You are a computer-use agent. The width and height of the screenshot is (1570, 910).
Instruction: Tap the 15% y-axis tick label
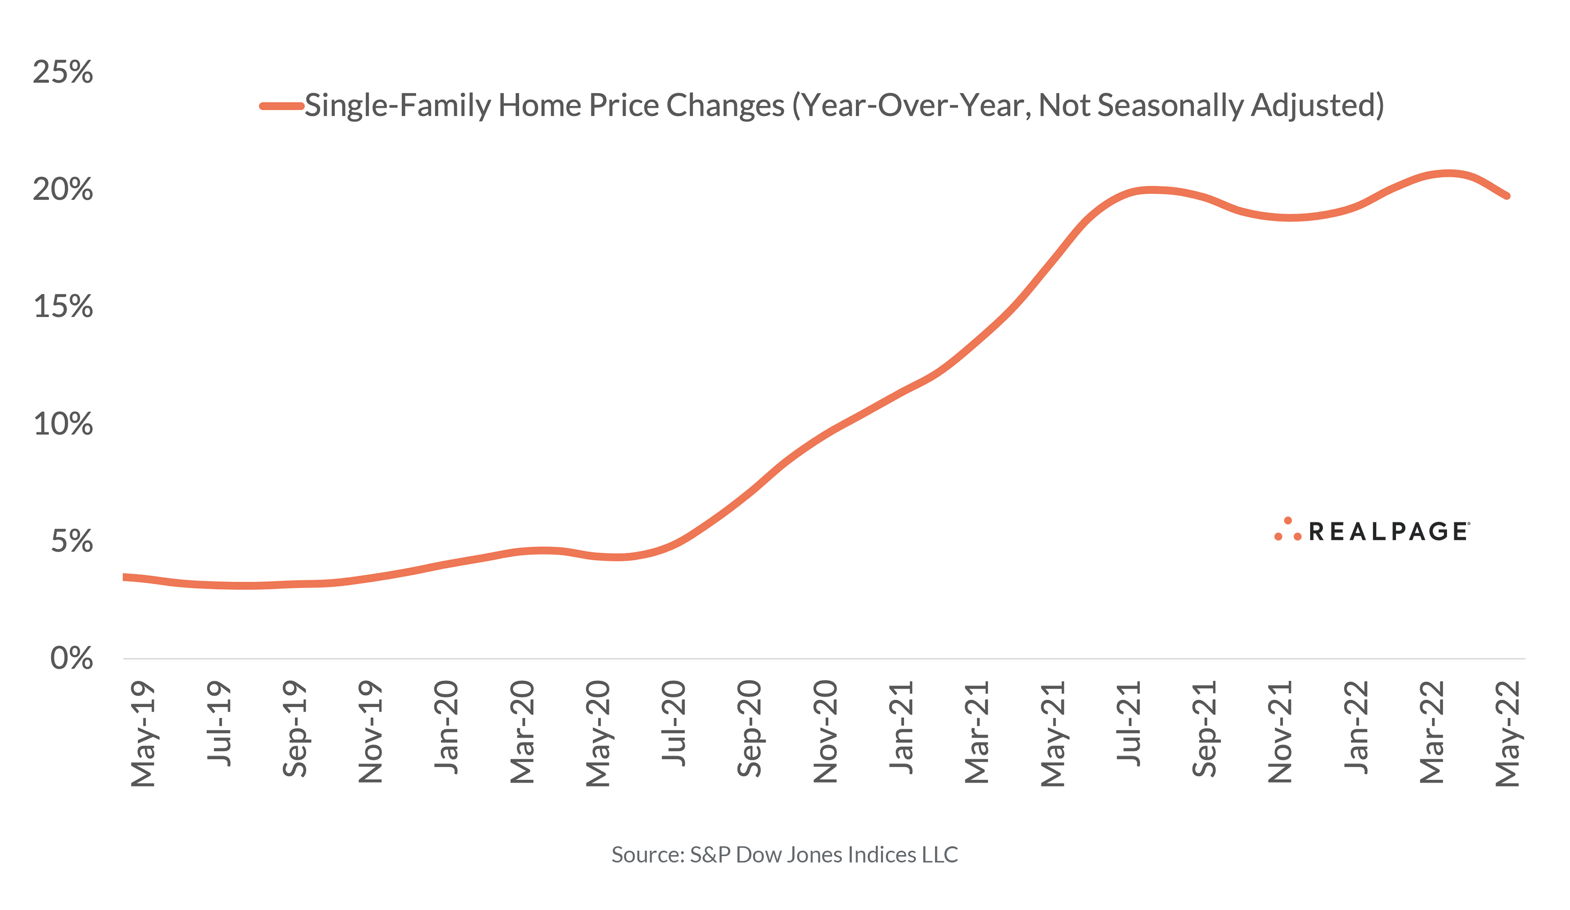pos(63,307)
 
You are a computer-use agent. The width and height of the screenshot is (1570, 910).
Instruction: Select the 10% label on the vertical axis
pos(63,424)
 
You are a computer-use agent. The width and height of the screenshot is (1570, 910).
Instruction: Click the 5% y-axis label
pos(72,541)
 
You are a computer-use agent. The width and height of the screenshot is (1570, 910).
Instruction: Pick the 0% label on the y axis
pos(72,658)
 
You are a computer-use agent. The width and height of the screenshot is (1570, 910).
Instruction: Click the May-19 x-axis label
pos(143,734)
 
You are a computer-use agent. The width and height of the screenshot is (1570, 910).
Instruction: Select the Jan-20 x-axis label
pos(446,728)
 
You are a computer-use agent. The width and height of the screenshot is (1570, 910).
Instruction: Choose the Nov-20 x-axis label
pos(826,731)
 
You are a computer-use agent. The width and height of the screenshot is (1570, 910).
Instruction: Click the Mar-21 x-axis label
pos(977,732)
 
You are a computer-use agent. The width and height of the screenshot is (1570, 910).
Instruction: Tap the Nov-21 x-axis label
pos(1280,731)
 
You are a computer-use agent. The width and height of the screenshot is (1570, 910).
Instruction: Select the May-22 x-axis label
pos(1508,734)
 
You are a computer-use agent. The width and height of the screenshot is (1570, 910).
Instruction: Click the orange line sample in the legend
pos(281,106)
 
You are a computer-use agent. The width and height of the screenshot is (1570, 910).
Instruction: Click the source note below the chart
pos(785,855)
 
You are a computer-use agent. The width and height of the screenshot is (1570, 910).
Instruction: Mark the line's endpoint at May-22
pos(1506,196)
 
